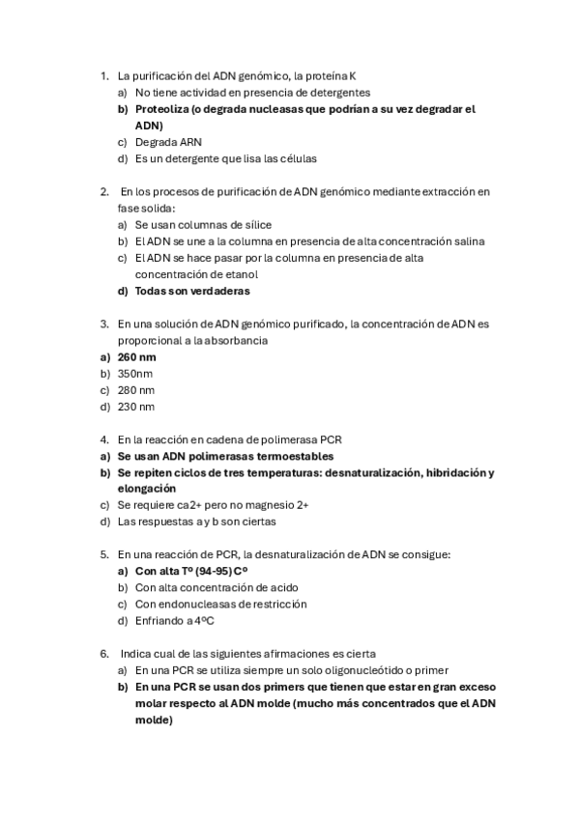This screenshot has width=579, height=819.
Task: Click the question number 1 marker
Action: click(x=104, y=75)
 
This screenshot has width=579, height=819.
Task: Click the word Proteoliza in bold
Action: click(x=161, y=109)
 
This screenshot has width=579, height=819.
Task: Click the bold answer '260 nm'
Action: click(x=136, y=356)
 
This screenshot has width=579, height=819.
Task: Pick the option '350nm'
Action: click(x=135, y=373)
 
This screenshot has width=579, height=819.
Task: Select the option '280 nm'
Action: click(x=136, y=390)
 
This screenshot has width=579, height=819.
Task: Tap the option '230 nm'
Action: click(x=136, y=407)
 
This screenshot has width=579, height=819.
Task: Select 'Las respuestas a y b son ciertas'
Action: click(x=196, y=522)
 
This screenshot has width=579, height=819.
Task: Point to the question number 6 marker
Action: click(x=104, y=654)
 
